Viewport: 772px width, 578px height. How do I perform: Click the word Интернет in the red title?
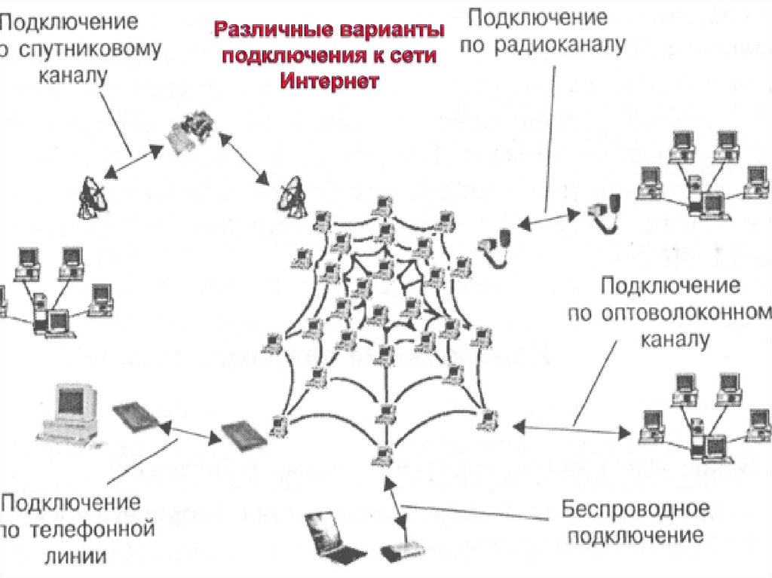(329, 81)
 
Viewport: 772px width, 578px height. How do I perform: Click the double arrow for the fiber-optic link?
(571, 430)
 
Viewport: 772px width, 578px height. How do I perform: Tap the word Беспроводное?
(635, 509)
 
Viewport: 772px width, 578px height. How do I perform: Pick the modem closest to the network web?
(244, 436)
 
